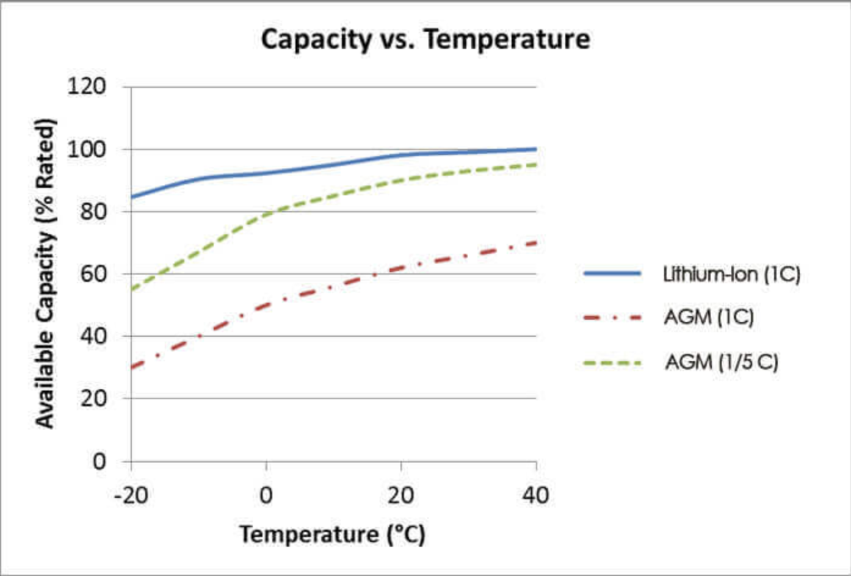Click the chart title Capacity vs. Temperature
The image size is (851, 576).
point(425,40)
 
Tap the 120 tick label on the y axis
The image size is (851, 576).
point(86,86)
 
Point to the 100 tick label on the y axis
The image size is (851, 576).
point(86,149)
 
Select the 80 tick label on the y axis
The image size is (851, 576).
point(93,212)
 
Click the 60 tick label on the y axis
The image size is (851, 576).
point(93,274)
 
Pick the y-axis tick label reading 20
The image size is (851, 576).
point(93,398)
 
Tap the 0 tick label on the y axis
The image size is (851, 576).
point(100,462)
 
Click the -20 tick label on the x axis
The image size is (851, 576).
point(131,495)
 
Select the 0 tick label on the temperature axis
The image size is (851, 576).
point(266,495)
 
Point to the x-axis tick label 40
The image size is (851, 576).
point(535,495)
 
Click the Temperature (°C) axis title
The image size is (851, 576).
point(333,535)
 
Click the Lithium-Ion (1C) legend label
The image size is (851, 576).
point(732,274)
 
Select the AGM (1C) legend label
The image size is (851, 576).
point(709,317)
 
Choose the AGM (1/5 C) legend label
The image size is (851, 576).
point(722,362)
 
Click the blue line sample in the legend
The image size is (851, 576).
point(612,273)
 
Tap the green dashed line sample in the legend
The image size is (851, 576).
point(612,363)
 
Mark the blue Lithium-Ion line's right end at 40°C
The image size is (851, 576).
point(535,149)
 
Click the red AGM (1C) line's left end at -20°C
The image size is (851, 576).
point(132,367)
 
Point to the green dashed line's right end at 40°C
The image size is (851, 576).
point(535,164)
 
